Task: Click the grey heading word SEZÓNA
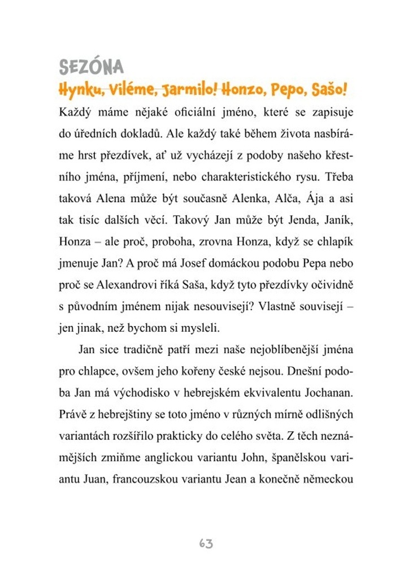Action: coord(91,67)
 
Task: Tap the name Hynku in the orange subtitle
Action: coord(76,89)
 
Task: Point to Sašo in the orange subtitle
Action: coord(326,89)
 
